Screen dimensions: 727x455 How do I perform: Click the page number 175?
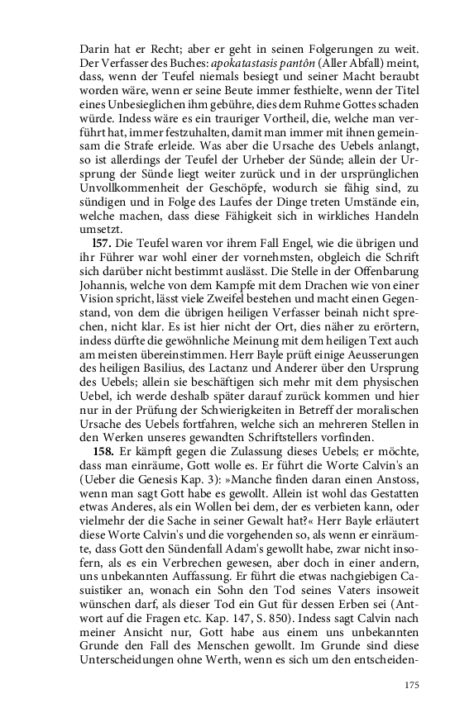(x=413, y=684)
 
